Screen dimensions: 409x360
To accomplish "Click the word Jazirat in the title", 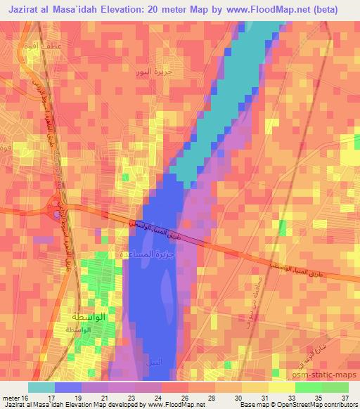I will (x=32, y=10).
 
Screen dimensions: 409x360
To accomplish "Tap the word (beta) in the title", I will (x=321, y=10).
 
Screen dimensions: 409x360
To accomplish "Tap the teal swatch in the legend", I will (x=41, y=387).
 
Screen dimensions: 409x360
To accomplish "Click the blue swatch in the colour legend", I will (x=67, y=387).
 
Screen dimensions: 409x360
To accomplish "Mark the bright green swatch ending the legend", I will (x=335, y=387).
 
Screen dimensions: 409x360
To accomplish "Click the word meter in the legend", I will (x=12, y=397).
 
